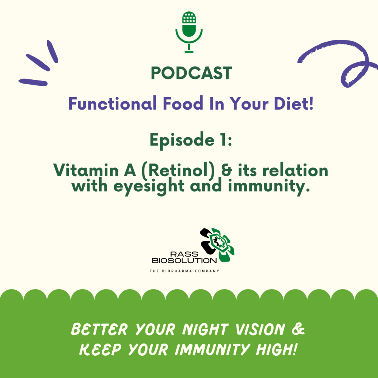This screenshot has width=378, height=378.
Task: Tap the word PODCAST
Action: coord(191,73)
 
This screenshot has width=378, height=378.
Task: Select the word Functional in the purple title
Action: coord(112,103)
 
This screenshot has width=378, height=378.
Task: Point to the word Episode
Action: coord(182,141)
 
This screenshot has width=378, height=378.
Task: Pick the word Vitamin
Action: coord(86,170)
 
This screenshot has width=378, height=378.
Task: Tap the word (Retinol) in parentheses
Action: coord(178,171)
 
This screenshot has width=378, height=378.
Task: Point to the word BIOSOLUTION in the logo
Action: coord(184,260)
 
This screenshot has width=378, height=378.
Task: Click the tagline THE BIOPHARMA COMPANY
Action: coord(184,271)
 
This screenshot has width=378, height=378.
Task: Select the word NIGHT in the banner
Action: coord(205,329)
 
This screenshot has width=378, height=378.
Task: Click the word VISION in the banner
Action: coord(260,329)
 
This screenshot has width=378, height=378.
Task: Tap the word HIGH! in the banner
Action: coord(276,350)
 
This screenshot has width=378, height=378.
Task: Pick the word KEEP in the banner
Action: coord(100,350)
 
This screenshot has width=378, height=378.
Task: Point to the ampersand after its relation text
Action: coord(226,170)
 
